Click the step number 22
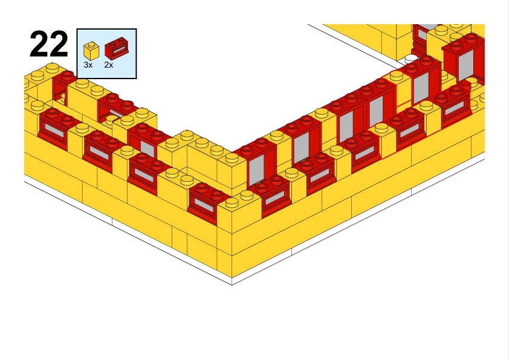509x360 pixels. pos(48,43)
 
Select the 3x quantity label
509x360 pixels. pos(88,65)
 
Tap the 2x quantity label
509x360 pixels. pos(109,65)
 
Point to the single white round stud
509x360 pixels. pos(412,59)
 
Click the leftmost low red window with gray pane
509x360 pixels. pos(55,129)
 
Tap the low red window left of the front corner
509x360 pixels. pos(206,202)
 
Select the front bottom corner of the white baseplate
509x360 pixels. pos(232,284)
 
